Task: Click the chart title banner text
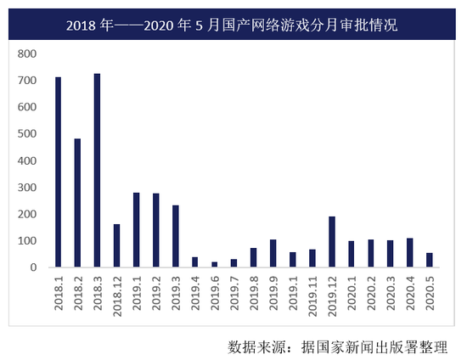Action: click(x=233, y=25)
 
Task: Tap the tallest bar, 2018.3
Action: click(x=97, y=170)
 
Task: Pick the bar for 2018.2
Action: click(x=77, y=203)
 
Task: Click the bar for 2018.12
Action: click(x=116, y=245)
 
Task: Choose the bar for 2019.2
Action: click(x=155, y=230)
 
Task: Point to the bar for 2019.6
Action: click(x=214, y=264)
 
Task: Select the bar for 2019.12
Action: click(x=332, y=241)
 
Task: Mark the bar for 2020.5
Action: click(x=430, y=260)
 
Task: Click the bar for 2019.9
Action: click(x=273, y=253)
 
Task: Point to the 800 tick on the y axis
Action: click(x=27, y=53)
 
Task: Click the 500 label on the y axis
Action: click(x=27, y=134)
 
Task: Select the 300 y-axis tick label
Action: click(x=27, y=188)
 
